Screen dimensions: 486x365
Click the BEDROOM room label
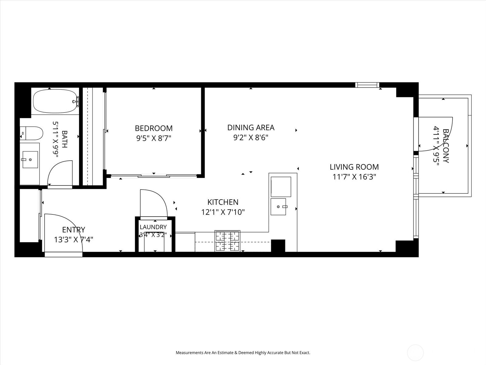154,128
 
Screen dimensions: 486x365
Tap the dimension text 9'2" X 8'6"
251,137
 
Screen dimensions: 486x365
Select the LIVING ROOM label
354,167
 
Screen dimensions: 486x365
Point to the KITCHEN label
223,202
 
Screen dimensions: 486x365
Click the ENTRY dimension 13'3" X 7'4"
74,240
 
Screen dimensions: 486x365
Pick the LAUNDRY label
153,227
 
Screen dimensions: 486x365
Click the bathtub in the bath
56,101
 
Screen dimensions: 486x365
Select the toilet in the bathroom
31,133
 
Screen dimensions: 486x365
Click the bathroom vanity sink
30,160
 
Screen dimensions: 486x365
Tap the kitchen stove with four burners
227,241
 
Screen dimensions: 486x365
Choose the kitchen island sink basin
278,207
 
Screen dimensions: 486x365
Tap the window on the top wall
367,85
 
